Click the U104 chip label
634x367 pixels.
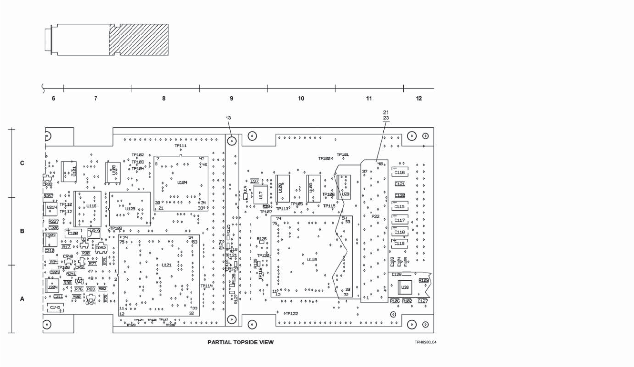click(182, 183)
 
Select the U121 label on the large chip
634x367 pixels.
click(166, 265)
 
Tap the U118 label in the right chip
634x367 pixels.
click(312, 259)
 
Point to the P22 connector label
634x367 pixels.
click(375, 216)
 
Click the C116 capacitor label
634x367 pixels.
click(400, 173)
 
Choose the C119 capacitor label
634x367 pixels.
click(400, 244)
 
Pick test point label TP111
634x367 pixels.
click(181, 146)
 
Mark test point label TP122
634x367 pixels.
click(292, 314)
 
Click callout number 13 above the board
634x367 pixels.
click(228, 117)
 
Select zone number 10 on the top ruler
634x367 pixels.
click(301, 99)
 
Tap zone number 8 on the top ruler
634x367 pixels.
click(164, 99)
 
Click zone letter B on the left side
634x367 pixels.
click(22, 232)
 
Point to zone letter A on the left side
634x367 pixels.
click(22, 299)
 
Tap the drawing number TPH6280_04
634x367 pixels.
click(424, 342)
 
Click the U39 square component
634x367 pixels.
click(405, 288)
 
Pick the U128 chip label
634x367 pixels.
click(130, 209)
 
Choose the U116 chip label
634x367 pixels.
click(92, 206)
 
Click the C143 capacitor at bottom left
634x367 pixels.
click(55, 307)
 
